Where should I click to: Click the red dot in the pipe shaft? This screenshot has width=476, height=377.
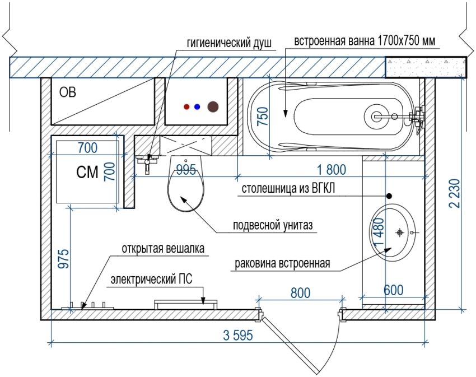[x=187, y=106]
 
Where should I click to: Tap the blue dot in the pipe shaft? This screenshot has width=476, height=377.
[x=197, y=106]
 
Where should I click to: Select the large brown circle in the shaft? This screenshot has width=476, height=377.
[x=213, y=106]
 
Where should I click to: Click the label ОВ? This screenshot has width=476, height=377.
[x=67, y=92]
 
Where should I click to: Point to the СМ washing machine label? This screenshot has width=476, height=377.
[x=87, y=172]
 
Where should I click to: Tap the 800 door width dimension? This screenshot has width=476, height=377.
[x=301, y=292]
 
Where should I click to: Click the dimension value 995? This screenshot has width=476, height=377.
[x=187, y=169]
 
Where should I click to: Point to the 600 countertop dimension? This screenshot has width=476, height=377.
[x=393, y=290]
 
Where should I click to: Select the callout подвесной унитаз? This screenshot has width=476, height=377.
[x=273, y=226]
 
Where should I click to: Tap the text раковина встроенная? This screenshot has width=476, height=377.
[x=283, y=263]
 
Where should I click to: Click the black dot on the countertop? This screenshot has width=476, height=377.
[x=389, y=196]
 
